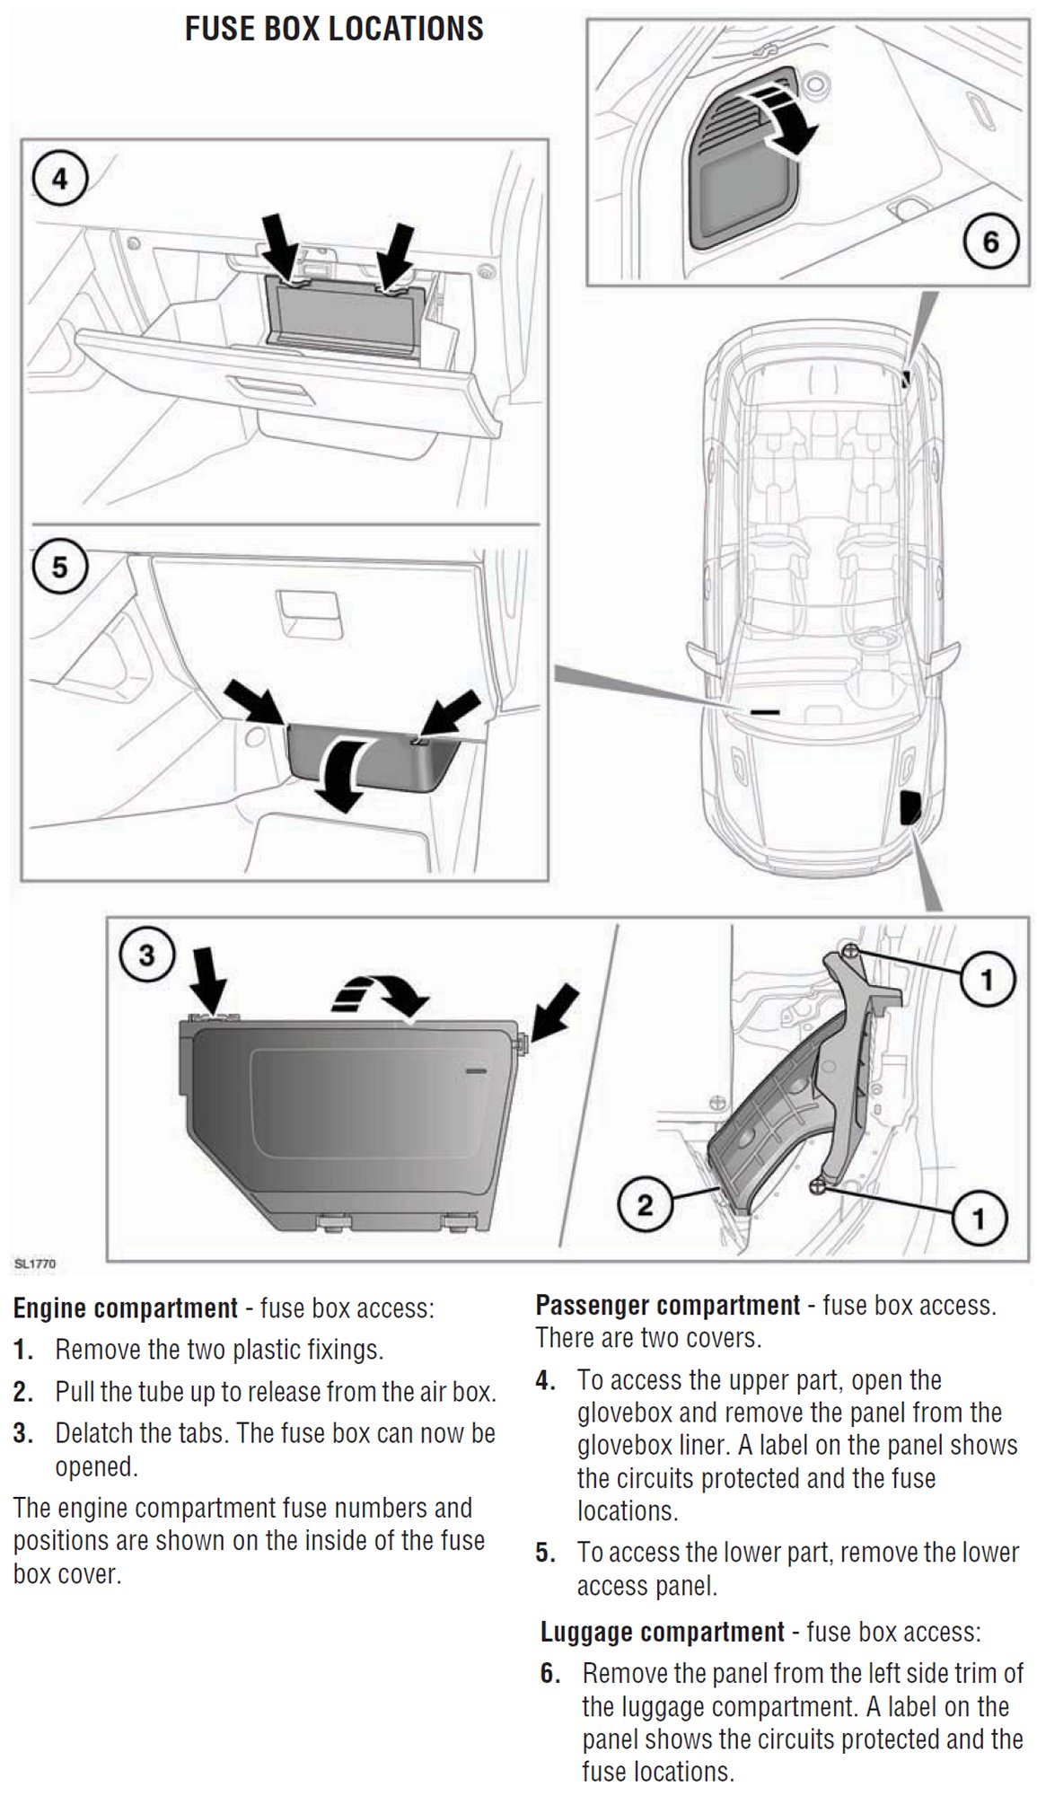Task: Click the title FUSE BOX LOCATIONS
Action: tap(334, 29)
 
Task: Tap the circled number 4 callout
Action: tap(59, 180)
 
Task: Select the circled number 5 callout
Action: tap(59, 568)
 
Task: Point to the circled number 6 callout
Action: tap(989, 241)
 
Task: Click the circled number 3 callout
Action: tap(146, 955)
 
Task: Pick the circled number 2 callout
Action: tap(645, 1204)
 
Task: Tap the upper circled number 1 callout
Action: tap(987, 978)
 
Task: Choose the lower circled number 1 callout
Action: tap(978, 1218)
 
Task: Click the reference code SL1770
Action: tap(35, 1263)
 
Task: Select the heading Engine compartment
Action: tap(126, 1307)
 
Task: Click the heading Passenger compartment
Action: tap(667, 1305)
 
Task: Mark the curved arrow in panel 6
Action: tap(788, 119)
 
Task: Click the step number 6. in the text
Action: tap(550, 1673)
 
